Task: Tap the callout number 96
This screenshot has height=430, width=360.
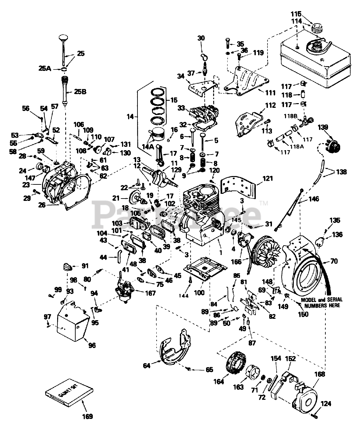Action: [x=92, y=345]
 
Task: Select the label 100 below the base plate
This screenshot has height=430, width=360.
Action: [x=199, y=293]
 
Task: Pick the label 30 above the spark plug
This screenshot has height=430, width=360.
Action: [x=201, y=38]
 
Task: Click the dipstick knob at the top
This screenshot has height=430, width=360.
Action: [x=63, y=37]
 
